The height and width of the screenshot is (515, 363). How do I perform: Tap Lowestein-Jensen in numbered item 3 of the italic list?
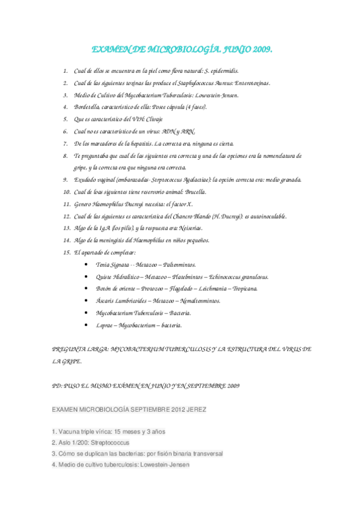click(x=216, y=95)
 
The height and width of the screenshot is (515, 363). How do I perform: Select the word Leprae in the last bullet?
click(x=105, y=325)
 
